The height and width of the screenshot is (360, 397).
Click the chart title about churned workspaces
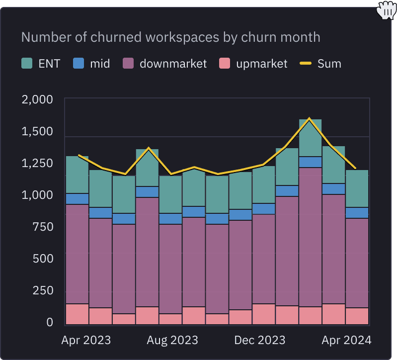(170, 37)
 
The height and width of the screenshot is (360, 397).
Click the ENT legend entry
(41, 64)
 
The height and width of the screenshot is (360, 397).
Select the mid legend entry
(91, 64)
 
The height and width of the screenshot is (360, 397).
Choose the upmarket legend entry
(253, 64)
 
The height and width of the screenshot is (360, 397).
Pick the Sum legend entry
(320, 64)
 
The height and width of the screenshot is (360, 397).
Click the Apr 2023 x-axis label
(86, 340)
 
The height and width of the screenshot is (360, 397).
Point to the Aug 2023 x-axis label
(172, 340)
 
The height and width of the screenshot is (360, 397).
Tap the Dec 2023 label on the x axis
(260, 340)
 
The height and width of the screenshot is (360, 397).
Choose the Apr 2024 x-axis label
(346, 340)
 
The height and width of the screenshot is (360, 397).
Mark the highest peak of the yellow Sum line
(310, 118)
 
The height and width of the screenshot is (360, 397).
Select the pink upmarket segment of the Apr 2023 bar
(77, 314)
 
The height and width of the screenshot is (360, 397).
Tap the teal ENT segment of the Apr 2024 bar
(357, 188)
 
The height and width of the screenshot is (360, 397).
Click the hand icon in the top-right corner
(386, 10)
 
